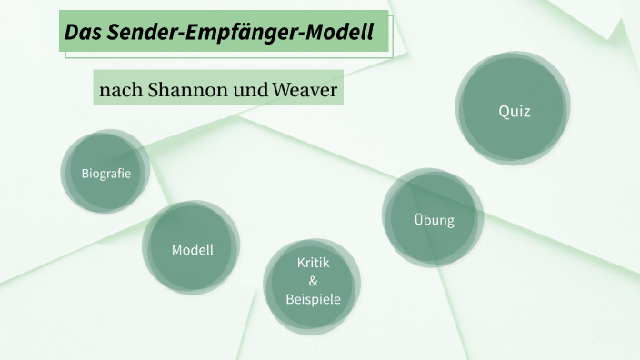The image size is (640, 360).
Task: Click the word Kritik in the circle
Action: (313, 263)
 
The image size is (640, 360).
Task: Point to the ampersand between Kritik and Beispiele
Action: (313, 280)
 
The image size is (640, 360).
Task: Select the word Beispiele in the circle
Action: (313, 297)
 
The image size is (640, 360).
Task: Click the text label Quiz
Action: (514, 112)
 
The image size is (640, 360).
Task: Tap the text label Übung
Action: (434, 221)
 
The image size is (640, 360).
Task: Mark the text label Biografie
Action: (106, 173)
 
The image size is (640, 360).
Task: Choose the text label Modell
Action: (193, 249)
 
